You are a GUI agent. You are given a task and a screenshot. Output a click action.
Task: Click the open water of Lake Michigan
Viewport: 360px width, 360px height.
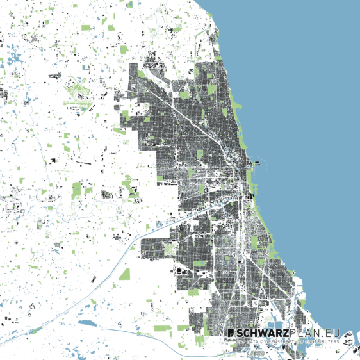(x=307, y=128)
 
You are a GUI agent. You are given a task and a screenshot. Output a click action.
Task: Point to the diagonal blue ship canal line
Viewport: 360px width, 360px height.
(x=128, y=256)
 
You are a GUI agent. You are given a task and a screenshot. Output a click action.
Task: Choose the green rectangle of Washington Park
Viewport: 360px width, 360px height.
(x=254, y=242)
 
